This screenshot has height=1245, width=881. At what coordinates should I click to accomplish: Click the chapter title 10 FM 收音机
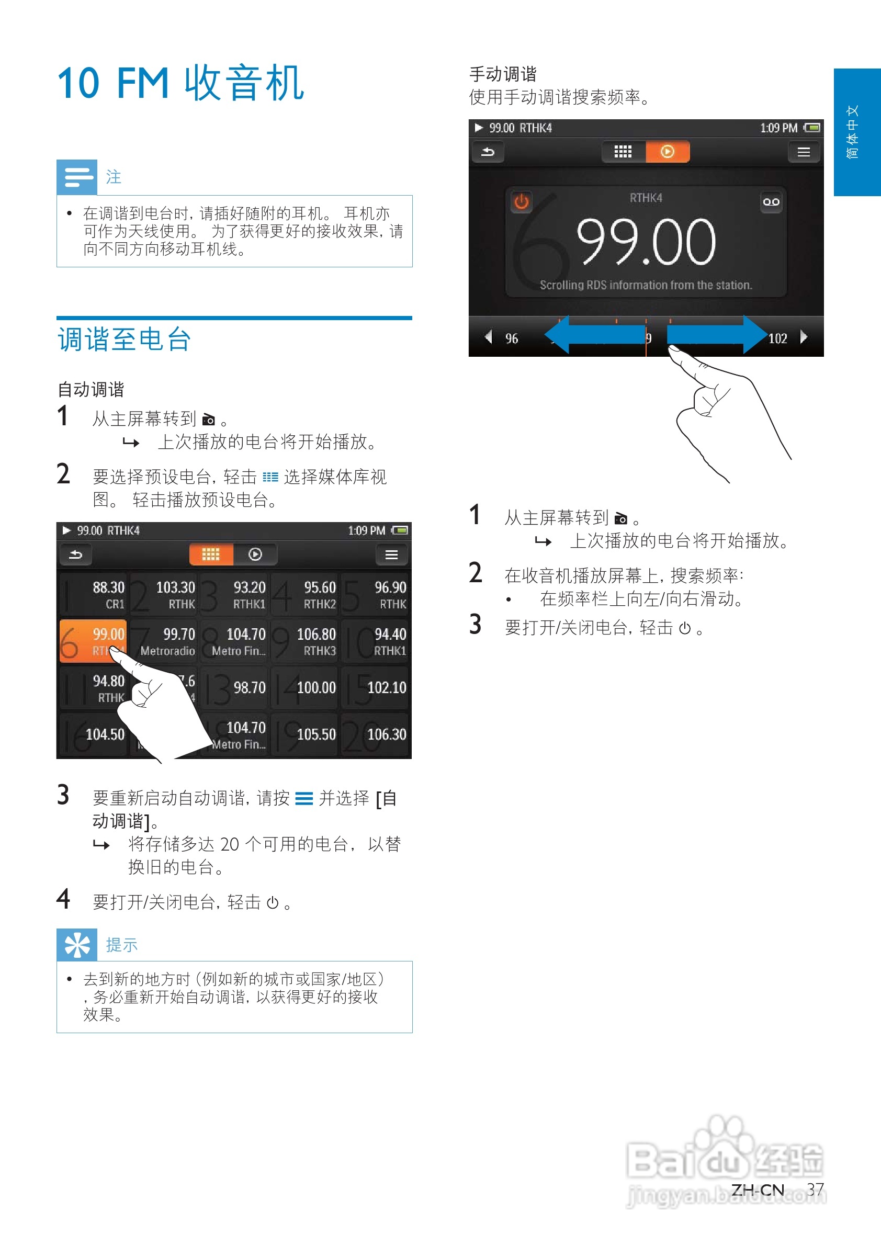(180, 83)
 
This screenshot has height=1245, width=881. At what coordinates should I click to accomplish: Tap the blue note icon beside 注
(77, 177)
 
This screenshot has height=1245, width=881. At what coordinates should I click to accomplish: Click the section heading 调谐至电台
(124, 340)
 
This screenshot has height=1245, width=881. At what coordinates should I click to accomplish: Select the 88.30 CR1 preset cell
(93, 595)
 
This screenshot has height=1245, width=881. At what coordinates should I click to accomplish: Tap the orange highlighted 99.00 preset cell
(93, 641)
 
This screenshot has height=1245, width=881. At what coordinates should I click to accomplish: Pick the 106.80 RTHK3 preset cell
(305, 641)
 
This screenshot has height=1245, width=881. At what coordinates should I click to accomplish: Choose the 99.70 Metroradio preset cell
(164, 641)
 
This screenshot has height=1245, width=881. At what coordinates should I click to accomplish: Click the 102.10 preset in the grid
(375, 688)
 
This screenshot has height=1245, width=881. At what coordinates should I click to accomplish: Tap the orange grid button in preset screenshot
(210, 554)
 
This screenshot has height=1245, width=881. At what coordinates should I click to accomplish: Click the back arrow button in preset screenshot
(76, 554)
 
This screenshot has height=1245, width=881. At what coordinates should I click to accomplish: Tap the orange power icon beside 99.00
(522, 202)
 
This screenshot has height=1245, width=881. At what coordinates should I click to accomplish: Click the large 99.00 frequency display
(646, 241)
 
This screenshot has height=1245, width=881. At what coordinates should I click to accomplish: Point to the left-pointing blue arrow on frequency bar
(594, 335)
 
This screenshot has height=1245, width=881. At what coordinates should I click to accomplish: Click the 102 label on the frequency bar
(777, 338)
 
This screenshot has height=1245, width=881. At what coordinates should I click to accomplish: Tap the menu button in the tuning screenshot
(804, 152)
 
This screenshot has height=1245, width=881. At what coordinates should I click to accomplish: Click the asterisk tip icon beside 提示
(77, 944)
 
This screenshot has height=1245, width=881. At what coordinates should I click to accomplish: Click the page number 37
(815, 1189)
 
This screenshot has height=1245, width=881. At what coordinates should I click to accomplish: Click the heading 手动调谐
(502, 74)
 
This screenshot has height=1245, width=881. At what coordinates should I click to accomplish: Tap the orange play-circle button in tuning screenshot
(667, 152)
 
